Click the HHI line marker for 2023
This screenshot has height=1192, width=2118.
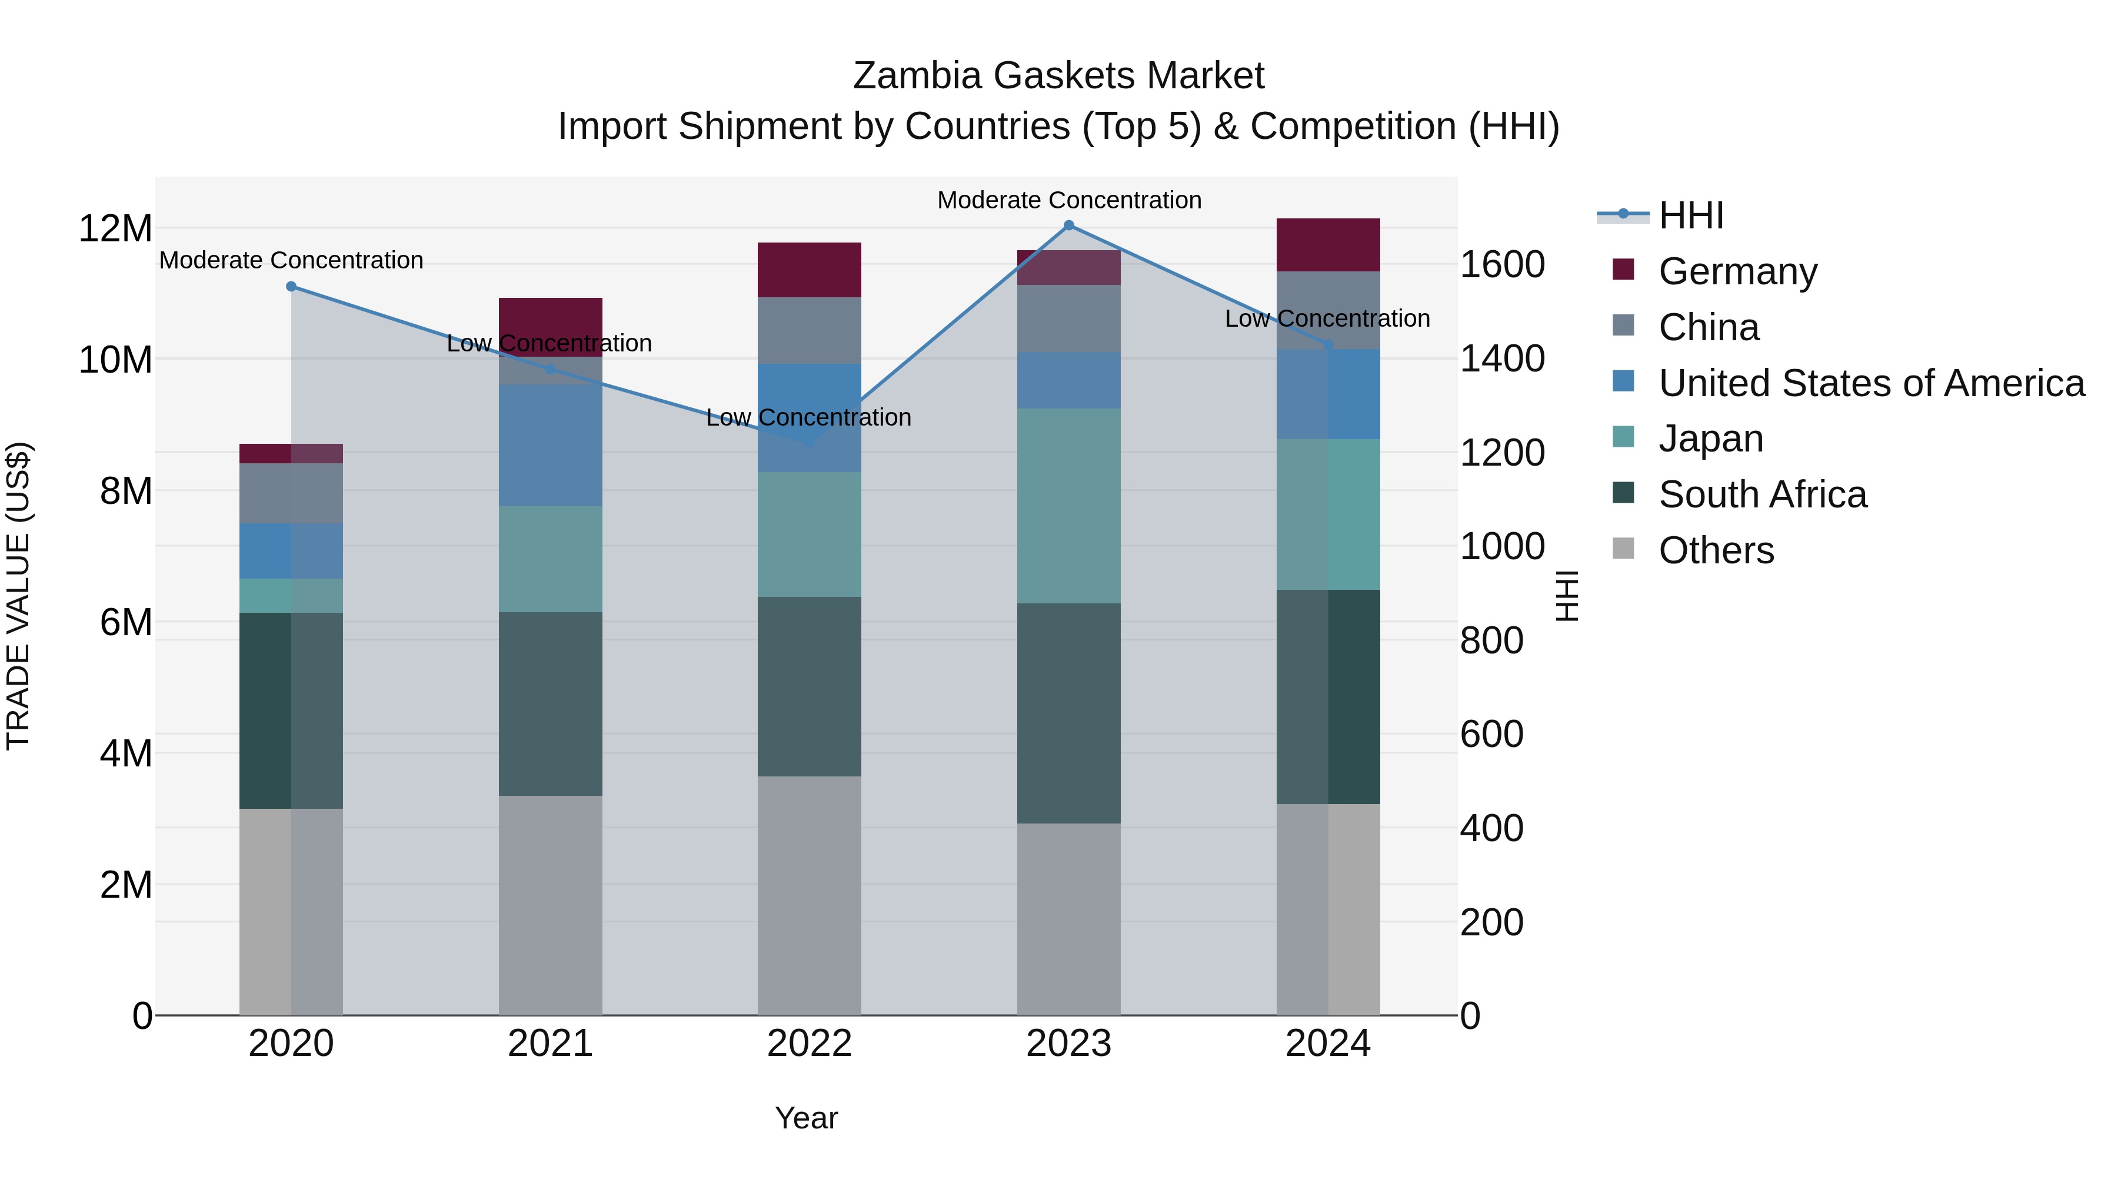(1069, 225)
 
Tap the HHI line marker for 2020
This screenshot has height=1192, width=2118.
(291, 286)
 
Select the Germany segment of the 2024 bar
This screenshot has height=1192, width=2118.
(1328, 245)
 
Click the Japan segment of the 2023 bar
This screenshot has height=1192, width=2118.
(1069, 506)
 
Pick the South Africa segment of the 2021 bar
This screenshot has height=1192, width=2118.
(550, 703)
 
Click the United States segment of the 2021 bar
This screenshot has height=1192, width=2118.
(550, 445)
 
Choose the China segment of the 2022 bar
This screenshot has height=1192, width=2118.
(809, 331)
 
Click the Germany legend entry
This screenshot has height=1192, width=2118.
(1737, 271)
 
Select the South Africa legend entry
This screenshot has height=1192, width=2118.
(1762, 494)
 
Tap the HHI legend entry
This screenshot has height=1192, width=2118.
(1690, 215)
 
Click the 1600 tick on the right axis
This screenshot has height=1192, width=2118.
(1502, 265)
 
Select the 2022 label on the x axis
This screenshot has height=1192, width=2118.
(809, 1044)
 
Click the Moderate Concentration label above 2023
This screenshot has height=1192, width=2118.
(1069, 200)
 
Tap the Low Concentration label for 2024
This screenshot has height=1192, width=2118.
(1327, 318)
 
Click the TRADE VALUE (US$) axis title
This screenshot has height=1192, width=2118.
(19, 596)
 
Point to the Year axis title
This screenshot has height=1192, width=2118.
(806, 1118)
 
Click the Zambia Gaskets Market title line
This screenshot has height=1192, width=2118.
(1058, 76)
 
